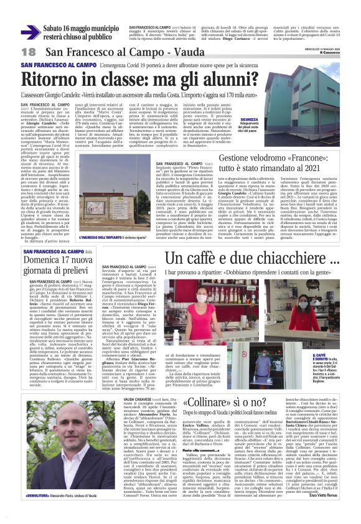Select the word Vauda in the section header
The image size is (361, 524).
[x=152, y=51]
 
